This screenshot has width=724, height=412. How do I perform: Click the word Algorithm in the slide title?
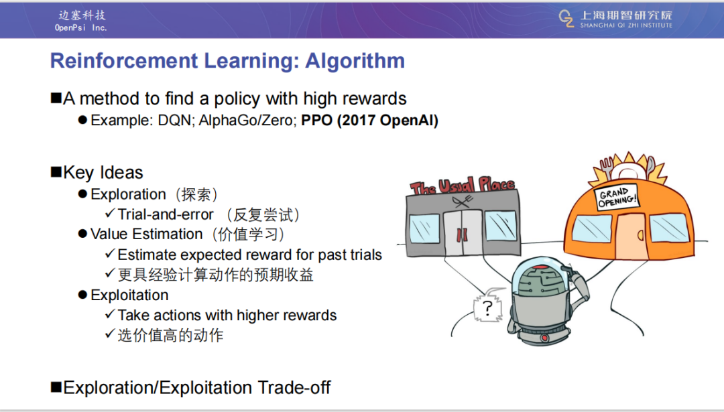355,62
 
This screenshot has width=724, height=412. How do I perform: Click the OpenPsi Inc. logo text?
81,27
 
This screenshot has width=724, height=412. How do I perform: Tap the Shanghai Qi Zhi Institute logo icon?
566,19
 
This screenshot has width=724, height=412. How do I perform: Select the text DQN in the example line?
174,121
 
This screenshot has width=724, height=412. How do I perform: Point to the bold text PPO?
316,121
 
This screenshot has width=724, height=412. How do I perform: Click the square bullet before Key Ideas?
56,172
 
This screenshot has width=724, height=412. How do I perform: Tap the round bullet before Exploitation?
82,295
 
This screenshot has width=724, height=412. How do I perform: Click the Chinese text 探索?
196,194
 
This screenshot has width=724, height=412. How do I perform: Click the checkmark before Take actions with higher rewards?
110,314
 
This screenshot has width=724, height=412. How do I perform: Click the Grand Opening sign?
617,197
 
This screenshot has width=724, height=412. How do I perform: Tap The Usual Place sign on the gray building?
463,186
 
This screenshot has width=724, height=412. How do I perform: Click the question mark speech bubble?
489,306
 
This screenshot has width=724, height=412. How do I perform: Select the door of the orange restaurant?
631,235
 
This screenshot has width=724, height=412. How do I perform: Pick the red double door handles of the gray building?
462,235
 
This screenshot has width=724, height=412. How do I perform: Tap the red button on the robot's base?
544,338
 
